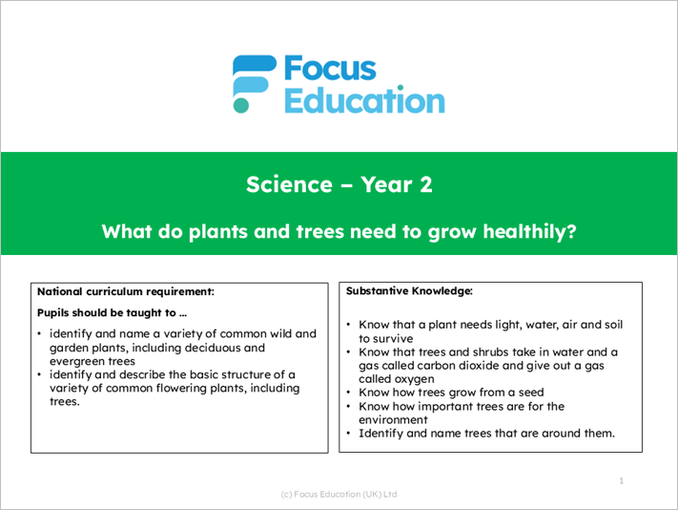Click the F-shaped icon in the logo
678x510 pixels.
tap(251, 83)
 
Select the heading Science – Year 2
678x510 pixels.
tap(339, 184)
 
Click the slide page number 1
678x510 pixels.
tap(621, 480)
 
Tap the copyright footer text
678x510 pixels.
tap(339, 494)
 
